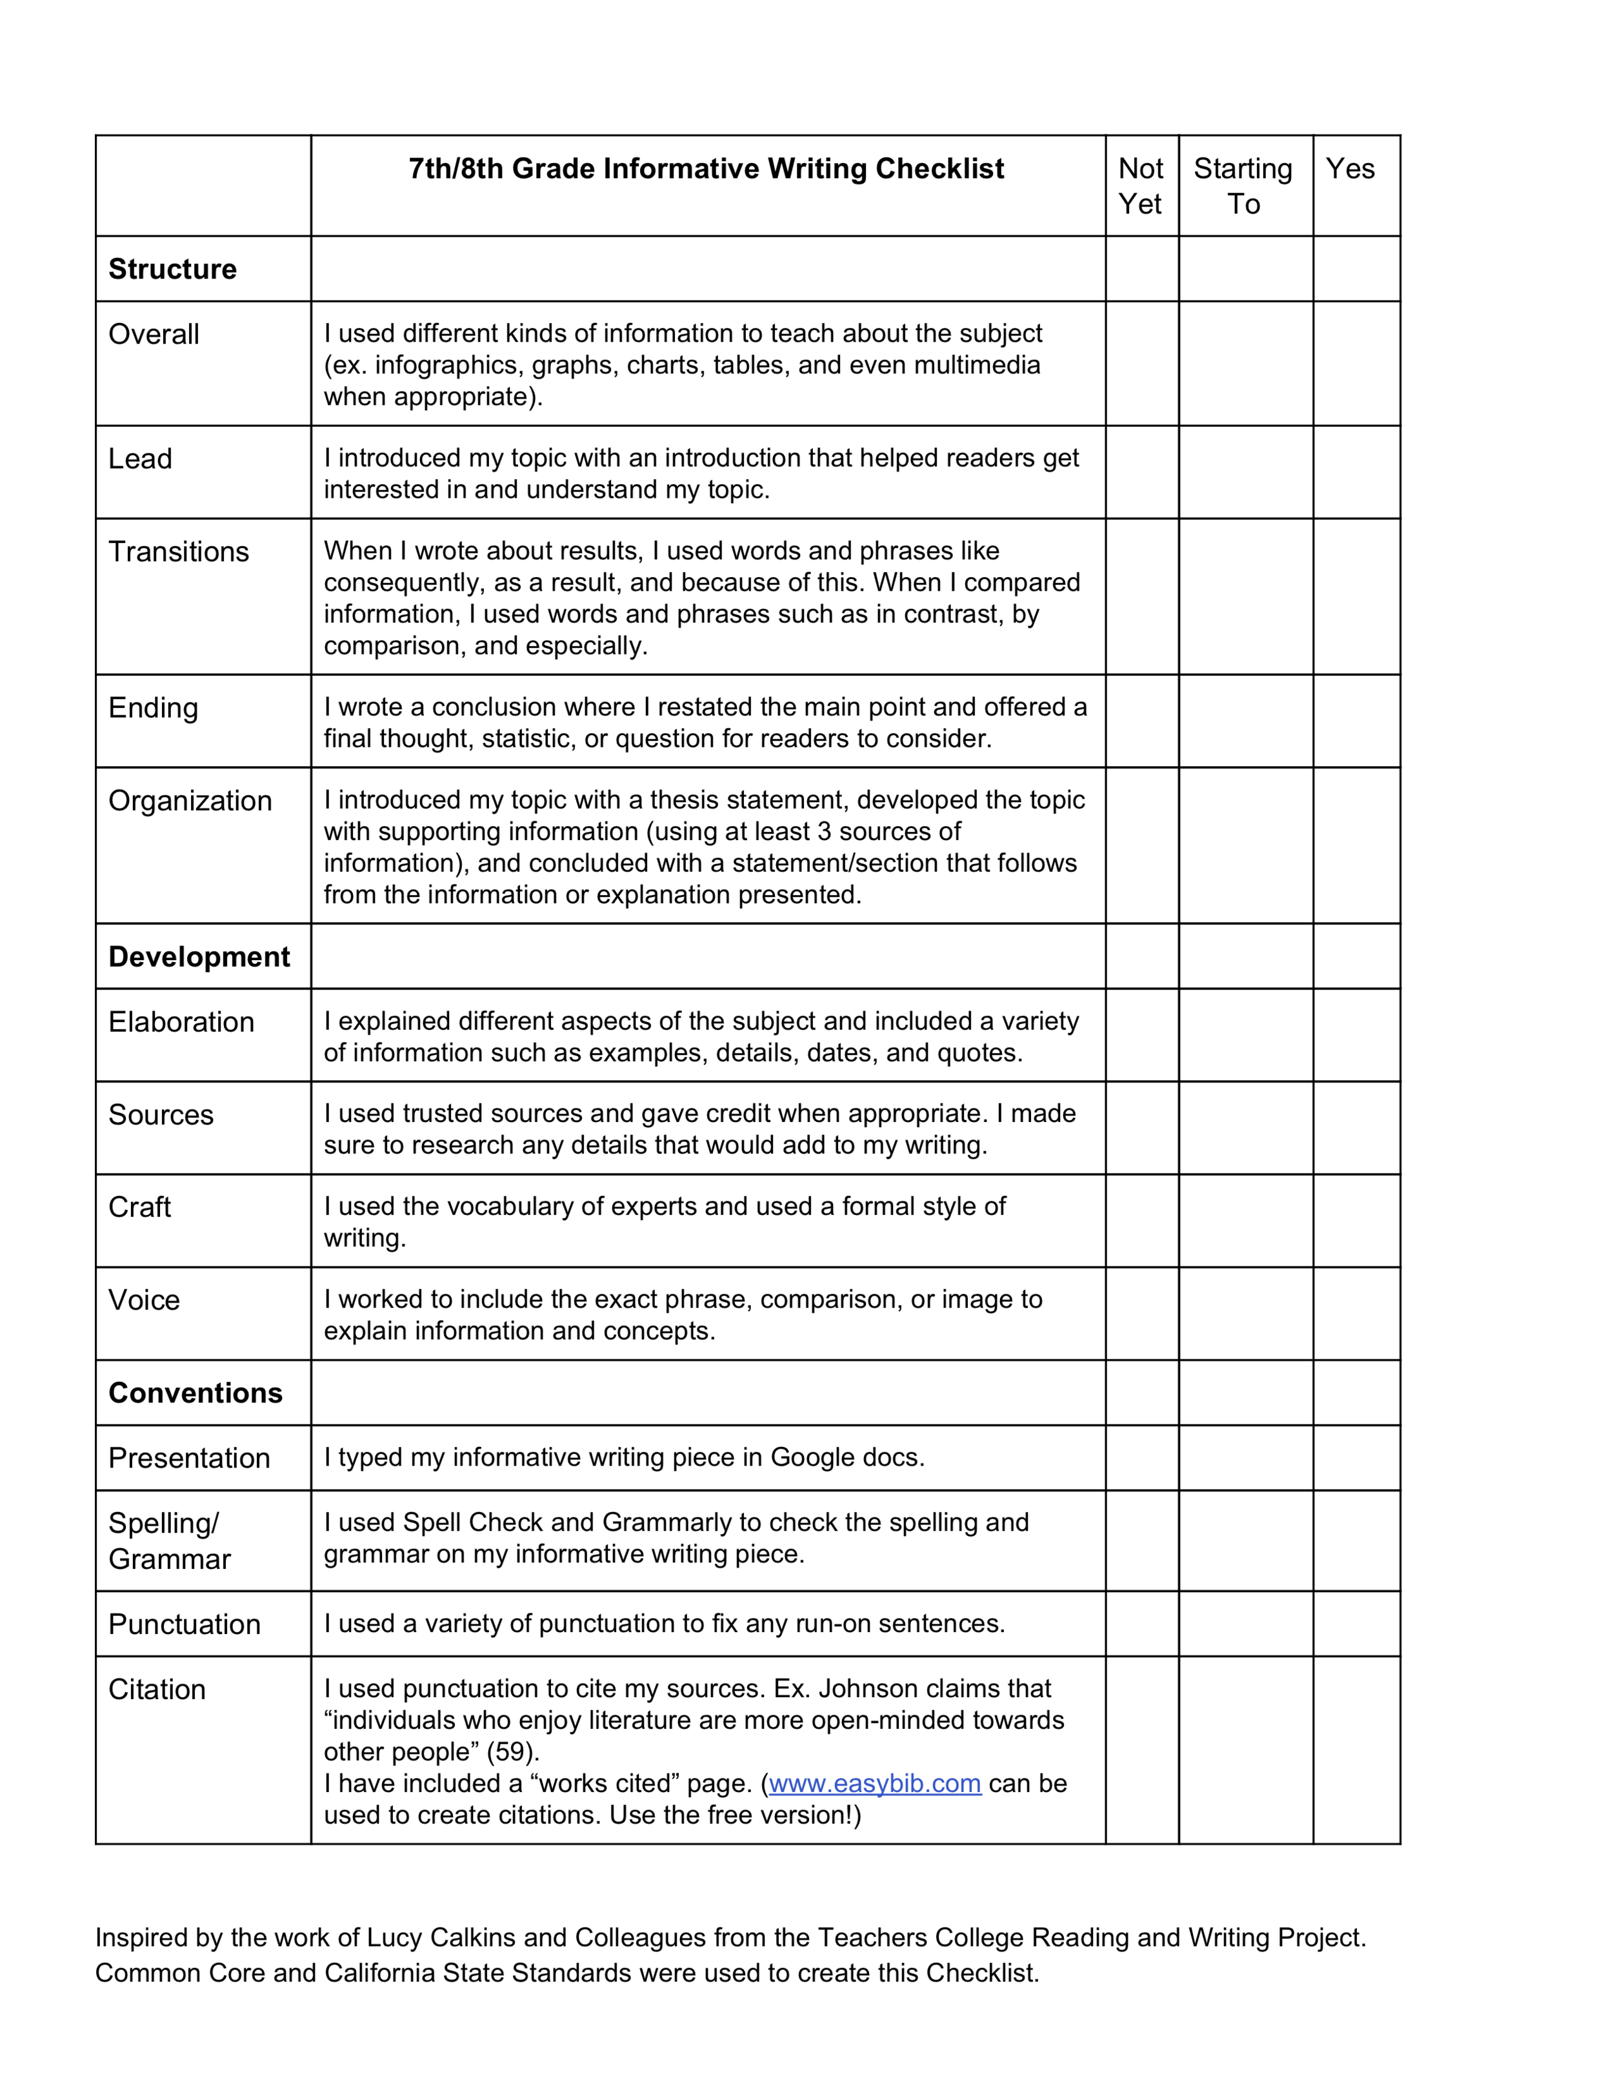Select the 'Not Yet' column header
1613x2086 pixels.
coord(1140,186)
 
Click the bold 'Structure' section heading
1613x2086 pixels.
coord(172,270)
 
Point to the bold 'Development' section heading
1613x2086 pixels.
coord(199,957)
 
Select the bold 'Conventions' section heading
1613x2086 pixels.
coord(195,1393)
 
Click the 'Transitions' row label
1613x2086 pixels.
coord(179,552)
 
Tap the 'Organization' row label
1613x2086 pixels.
coord(190,800)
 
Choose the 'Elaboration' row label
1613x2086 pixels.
coord(181,1022)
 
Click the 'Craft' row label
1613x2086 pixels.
coord(139,1207)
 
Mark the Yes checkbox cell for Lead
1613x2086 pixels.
coord(1356,473)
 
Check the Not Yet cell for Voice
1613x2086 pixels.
coord(1142,1314)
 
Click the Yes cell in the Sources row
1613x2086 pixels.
coord(1356,1128)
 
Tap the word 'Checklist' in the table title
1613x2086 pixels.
coord(939,169)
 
